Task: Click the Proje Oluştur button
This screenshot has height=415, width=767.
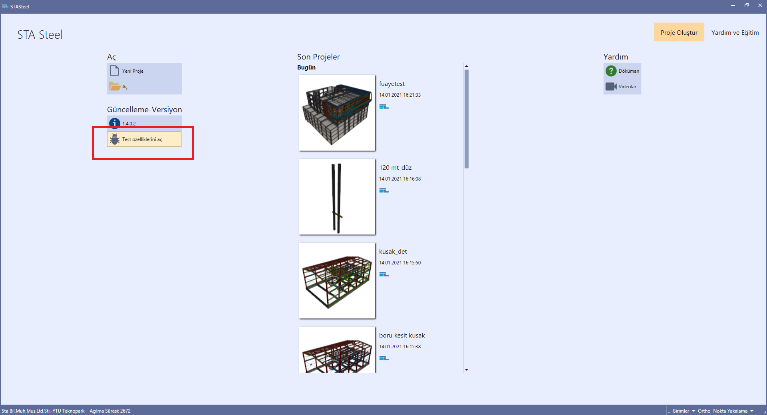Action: pyautogui.click(x=679, y=32)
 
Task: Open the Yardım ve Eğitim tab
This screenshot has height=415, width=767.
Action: pyautogui.click(x=735, y=32)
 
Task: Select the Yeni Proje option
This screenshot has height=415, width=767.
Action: pyautogui.click(x=133, y=71)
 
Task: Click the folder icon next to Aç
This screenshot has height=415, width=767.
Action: pyautogui.click(x=115, y=86)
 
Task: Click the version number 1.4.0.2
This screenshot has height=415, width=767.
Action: pyautogui.click(x=129, y=123)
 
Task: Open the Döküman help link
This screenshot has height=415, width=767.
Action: pyautogui.click(x=628, y=71)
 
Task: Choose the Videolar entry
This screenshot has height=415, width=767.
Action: pyautogui.click(x=627, y=87)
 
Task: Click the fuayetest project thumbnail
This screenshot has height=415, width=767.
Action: pyautogui.click(x=337, y=113)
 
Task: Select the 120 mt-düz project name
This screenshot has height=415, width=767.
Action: pyautogui.click(x=395, y=168)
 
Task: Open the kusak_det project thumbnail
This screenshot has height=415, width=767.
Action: pyautogui.click(x=337, y=281)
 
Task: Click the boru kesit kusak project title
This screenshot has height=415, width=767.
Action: pyautogui.click(x=401, y=336)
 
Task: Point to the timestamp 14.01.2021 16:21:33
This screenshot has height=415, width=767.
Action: pyautogui.click(x=399, y=95)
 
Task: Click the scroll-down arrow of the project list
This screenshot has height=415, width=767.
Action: pyautogui.click(x=466, y=370)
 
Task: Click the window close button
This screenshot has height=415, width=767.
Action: pyautogui.click(x=760, y=6)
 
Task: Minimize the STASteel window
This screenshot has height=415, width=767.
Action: pyautogui.click(x=733, y=6)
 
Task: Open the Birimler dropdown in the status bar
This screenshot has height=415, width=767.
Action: pyautogui.click(x=683, y=411)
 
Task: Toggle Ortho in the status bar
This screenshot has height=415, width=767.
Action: pyautogui.click(x=704, y=411)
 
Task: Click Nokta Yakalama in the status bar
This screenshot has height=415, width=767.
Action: pyautogui.click(x=730, y=411)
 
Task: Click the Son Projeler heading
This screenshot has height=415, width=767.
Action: pyautogui.click(x=318, y=57)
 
